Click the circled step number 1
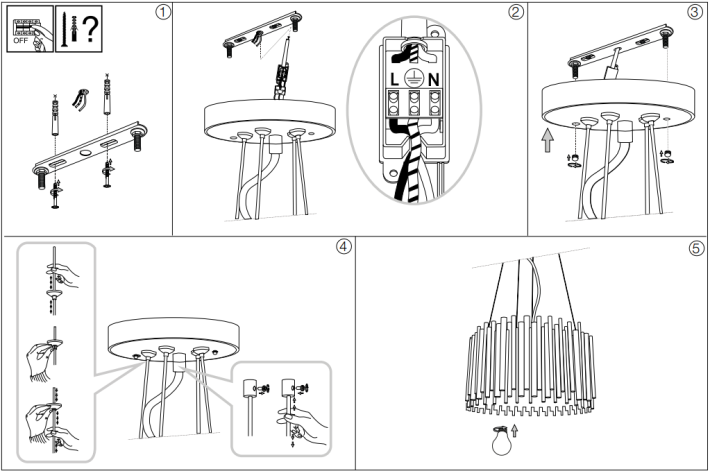163,12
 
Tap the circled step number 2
516,12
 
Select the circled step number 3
695,12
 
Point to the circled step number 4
344,247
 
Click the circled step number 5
696,248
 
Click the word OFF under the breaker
21,40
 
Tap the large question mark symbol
91,28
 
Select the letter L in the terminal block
394,80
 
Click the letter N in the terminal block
433,80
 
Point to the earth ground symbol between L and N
413,79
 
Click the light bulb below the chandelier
501,441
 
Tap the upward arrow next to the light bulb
514,431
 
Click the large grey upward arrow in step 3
548,140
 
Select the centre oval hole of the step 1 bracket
85,153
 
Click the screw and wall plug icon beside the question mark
69,29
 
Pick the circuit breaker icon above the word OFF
26,27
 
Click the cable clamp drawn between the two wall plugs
80,99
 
